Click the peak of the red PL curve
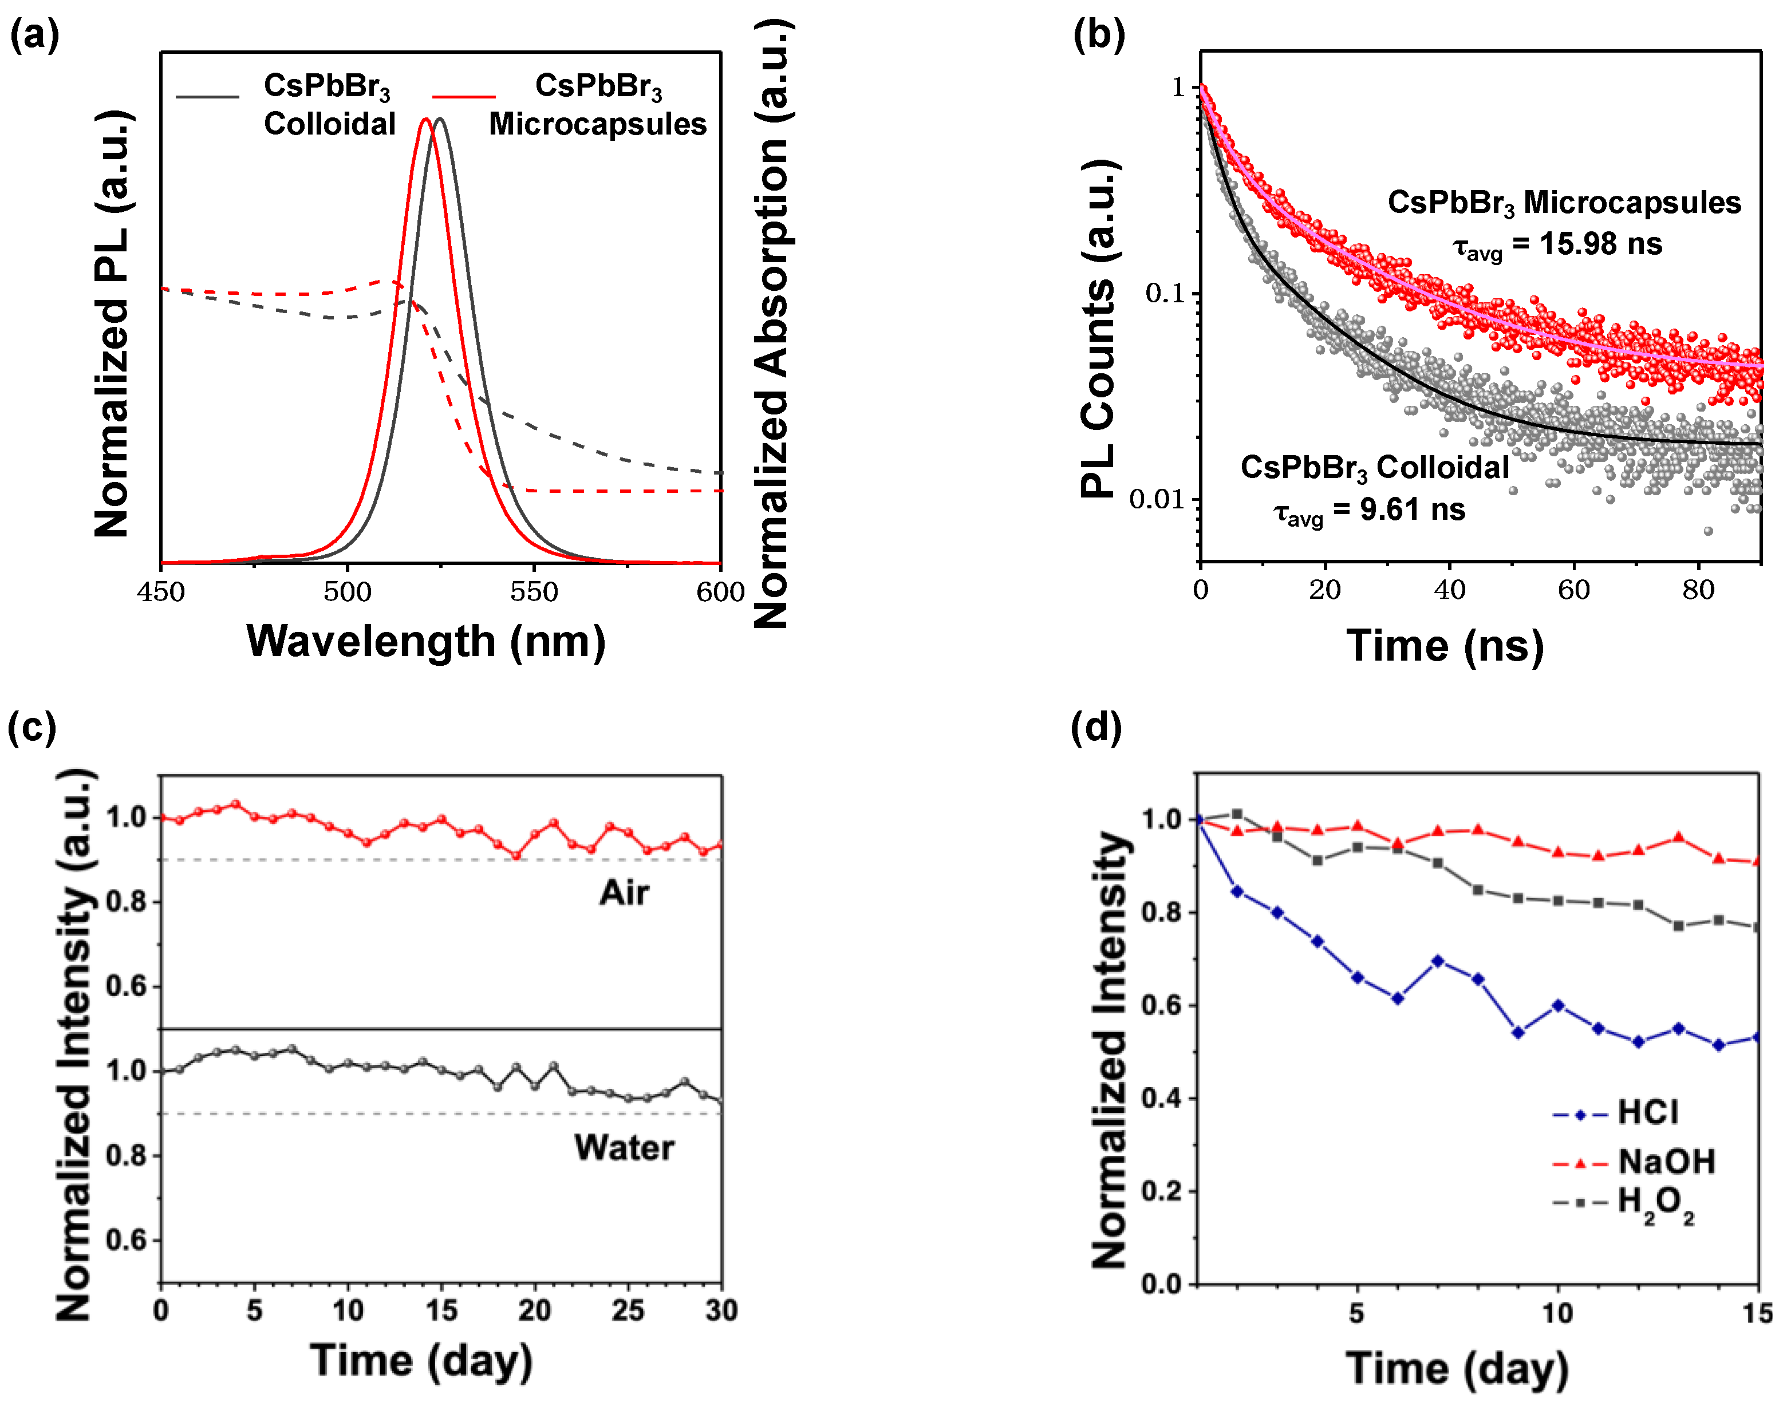click(x=425, y=120)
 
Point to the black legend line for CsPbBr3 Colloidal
click(x=207, y=97)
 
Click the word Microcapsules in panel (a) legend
click(x=598, y=124)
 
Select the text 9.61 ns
click(x=1412, y=510)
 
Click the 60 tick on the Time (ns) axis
click(x=1573, y=590)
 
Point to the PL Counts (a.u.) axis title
click(x=1098, y=329)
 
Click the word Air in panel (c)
click(x=624, y=893)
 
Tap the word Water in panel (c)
click(x=624, y=1147)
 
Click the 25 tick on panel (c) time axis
click(x=628, y=1310)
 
